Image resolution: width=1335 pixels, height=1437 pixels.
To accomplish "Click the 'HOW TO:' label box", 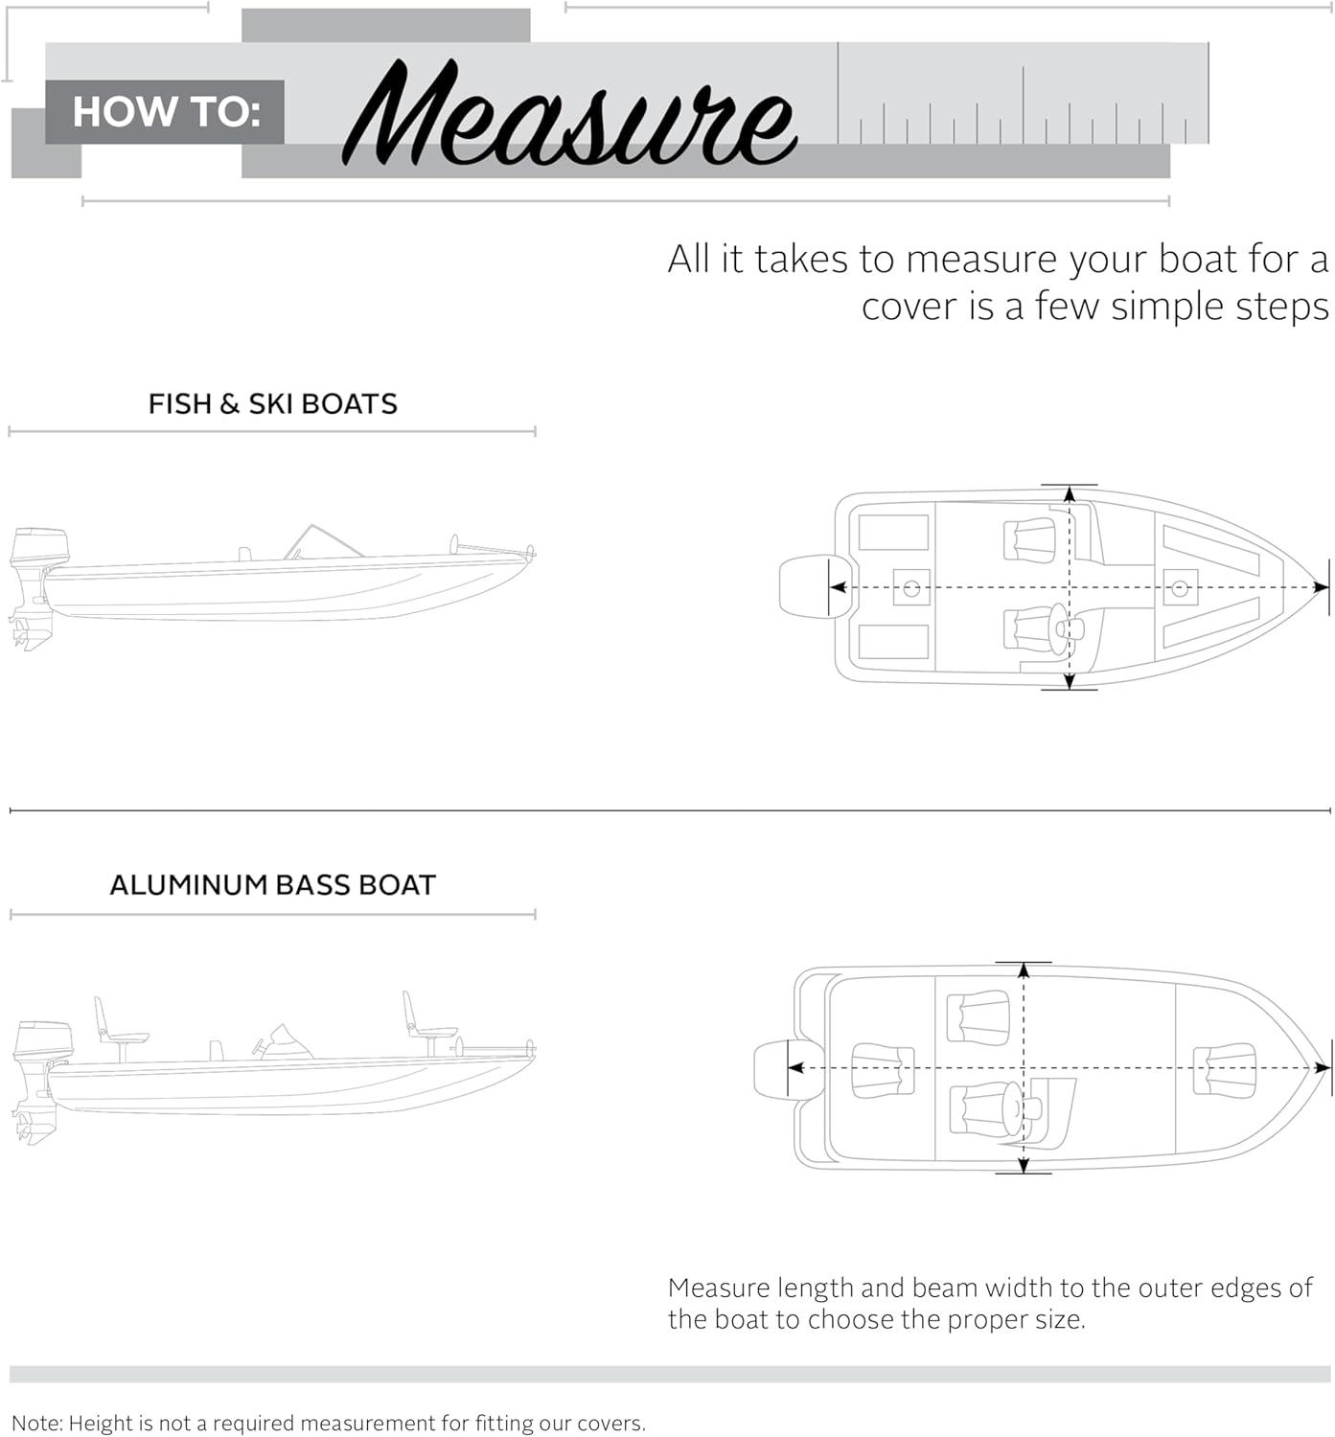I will coord(165,112).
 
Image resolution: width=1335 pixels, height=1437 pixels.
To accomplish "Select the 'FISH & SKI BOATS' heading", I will coord(272,404).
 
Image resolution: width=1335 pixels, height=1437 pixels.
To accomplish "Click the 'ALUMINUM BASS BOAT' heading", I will coord(272,884).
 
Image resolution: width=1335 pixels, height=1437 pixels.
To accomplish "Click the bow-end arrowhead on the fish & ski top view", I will coord(1321,587).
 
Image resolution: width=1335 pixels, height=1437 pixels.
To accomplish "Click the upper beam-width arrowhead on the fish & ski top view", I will coord(1070,493).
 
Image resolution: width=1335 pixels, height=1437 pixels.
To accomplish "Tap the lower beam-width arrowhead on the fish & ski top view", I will coord(1070,681).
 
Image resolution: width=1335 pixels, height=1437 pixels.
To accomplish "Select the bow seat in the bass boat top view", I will coord(1225,1069).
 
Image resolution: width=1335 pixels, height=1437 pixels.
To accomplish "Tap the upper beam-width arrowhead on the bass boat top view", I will coord(1024,969).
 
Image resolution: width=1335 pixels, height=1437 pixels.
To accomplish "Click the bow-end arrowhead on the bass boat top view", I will coord(1322,1068).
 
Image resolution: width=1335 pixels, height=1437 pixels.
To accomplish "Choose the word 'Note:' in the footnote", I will coord(36,1424).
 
